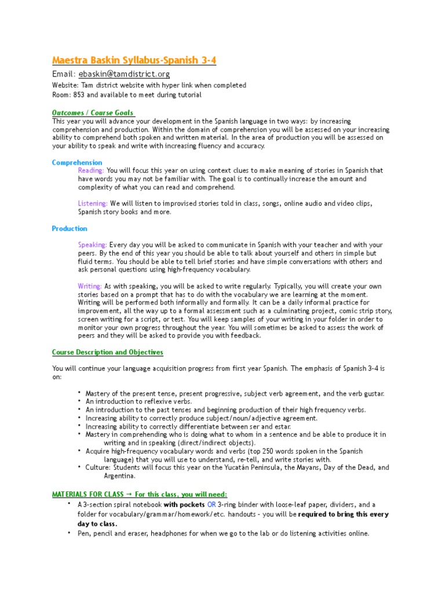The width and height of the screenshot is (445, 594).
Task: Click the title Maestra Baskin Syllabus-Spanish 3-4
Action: coord(134,60)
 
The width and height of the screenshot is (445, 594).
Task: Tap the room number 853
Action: coord(78,95)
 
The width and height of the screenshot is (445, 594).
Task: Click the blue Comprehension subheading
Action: coord(77,162)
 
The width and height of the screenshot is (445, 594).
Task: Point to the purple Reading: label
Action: coord(91,171)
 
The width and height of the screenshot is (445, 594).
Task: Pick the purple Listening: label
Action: coord(93,204)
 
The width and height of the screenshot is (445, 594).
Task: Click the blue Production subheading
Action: coord(70,229)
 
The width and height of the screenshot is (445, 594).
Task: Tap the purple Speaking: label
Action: coord(93,245)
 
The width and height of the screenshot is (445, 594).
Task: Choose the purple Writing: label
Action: coord(90,286)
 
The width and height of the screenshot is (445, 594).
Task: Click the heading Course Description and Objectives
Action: coord(107,352)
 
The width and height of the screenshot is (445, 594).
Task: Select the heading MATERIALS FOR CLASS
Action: coord(87,494)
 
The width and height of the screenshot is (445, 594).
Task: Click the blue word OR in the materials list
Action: coord(211,505)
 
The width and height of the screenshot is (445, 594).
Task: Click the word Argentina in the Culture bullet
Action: coord(119,476)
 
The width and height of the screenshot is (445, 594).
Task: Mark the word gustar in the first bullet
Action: coord(373,393)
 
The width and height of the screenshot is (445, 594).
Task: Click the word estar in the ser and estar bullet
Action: coord(282,426)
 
